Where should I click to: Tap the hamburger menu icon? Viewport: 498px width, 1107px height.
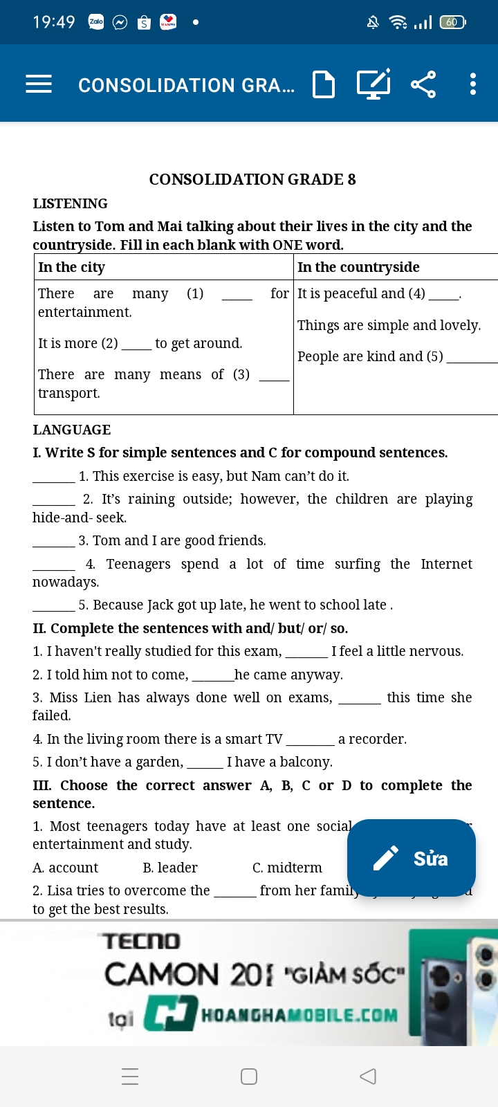tap(39, 84)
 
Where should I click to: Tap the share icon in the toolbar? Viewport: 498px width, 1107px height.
tap(423, 84)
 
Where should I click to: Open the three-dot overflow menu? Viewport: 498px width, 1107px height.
tap(473, 84)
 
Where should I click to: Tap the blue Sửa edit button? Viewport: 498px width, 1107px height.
tap(412, 858)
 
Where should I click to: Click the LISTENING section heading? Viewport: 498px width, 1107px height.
tap(71, 203)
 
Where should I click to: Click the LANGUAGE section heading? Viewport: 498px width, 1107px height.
tap(72, 430)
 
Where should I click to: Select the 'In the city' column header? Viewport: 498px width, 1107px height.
tap(72, 267)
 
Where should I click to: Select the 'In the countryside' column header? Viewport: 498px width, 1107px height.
tap(358, 267)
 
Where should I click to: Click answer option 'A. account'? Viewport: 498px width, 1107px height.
tap(66, 868)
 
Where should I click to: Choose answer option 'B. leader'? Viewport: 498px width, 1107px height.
tap(170, 868)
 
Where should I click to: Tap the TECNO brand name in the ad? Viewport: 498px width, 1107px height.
tap(142, 941)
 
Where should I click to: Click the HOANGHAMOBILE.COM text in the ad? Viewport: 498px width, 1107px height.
tap(299, 1016)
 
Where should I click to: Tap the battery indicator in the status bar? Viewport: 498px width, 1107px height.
tap(452, 22)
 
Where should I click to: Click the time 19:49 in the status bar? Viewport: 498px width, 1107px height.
tap(54, 22)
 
